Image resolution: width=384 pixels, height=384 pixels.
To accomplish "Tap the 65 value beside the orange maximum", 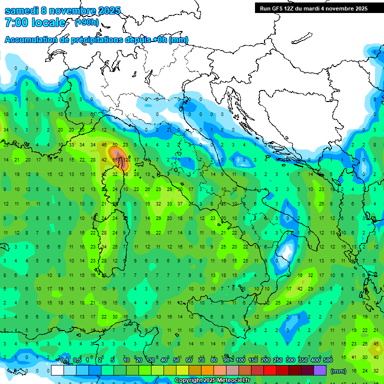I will (x=115, y=159).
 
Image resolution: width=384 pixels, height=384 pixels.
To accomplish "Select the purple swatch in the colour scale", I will (x=320, y=370).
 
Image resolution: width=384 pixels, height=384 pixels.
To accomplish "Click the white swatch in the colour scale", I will (x=57, y=370).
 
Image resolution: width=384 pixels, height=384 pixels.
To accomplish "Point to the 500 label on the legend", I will (x=328, y=360).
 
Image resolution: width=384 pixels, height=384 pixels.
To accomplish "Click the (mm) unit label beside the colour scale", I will (x=338, y=371).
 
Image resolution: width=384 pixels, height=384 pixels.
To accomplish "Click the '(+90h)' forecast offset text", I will (x=86, y=22).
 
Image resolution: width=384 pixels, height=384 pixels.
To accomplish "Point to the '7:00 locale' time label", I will (x=35, y=22).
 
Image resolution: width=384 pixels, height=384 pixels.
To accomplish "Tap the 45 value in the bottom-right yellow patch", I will (x=376, y=343).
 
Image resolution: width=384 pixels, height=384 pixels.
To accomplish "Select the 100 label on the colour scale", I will (x=240, y=360).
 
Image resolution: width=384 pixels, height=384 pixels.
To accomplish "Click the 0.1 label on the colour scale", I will (x=64, y=360).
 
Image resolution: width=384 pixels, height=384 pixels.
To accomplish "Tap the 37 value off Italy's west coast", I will (x=179, y=203).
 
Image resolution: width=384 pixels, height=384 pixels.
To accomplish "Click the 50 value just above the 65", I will (x=115, y=144).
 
